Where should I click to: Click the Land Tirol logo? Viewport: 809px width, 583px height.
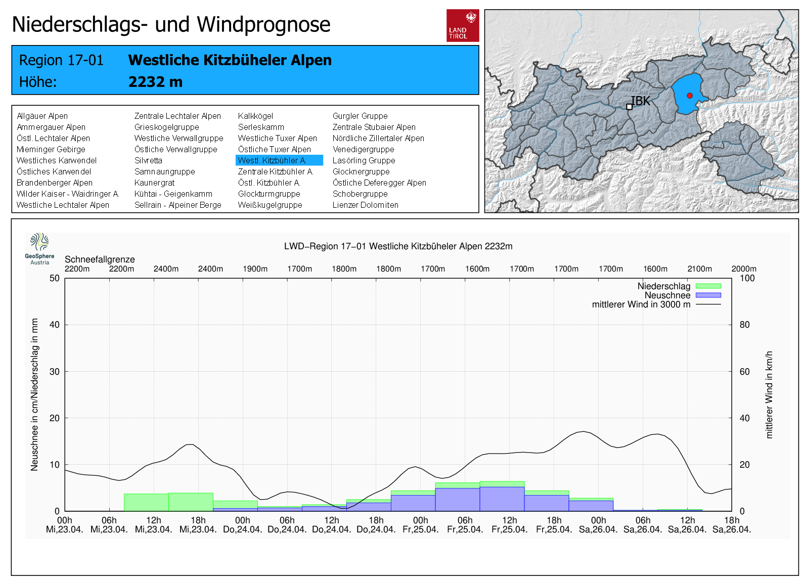tap(463, 25)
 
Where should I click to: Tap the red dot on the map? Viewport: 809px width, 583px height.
tap(690, 96)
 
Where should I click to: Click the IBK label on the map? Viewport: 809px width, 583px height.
tap(641, 101)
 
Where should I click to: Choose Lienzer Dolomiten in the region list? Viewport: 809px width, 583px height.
tap(365, 205)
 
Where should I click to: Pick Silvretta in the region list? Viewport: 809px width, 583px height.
tap(148, 160)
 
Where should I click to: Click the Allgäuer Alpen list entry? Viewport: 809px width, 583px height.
tap(42, 116)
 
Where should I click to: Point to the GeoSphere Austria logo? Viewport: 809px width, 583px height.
tap(39, 248)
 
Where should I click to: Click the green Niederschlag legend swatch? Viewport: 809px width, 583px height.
tap(708, 286)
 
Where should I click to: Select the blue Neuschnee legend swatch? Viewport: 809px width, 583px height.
tap(708, 295)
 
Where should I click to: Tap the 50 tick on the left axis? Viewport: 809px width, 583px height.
tap(55, 278)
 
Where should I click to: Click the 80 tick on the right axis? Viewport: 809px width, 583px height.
tap(744, 325)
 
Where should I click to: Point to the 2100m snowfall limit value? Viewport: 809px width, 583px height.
tap(699, 269)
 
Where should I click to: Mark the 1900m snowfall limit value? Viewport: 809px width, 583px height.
tap(255, 269)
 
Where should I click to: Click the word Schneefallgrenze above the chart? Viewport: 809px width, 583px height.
tap(100, 259)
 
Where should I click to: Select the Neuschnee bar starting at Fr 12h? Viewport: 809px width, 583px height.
tap(502, 499)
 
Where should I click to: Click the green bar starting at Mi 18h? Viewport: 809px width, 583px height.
tap(191, 502)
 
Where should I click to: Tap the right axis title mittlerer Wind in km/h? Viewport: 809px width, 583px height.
tap(769, 394)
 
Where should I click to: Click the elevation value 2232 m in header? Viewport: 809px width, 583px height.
tap(155, 82)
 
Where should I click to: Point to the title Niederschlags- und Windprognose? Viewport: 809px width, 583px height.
tap(171, 24)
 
